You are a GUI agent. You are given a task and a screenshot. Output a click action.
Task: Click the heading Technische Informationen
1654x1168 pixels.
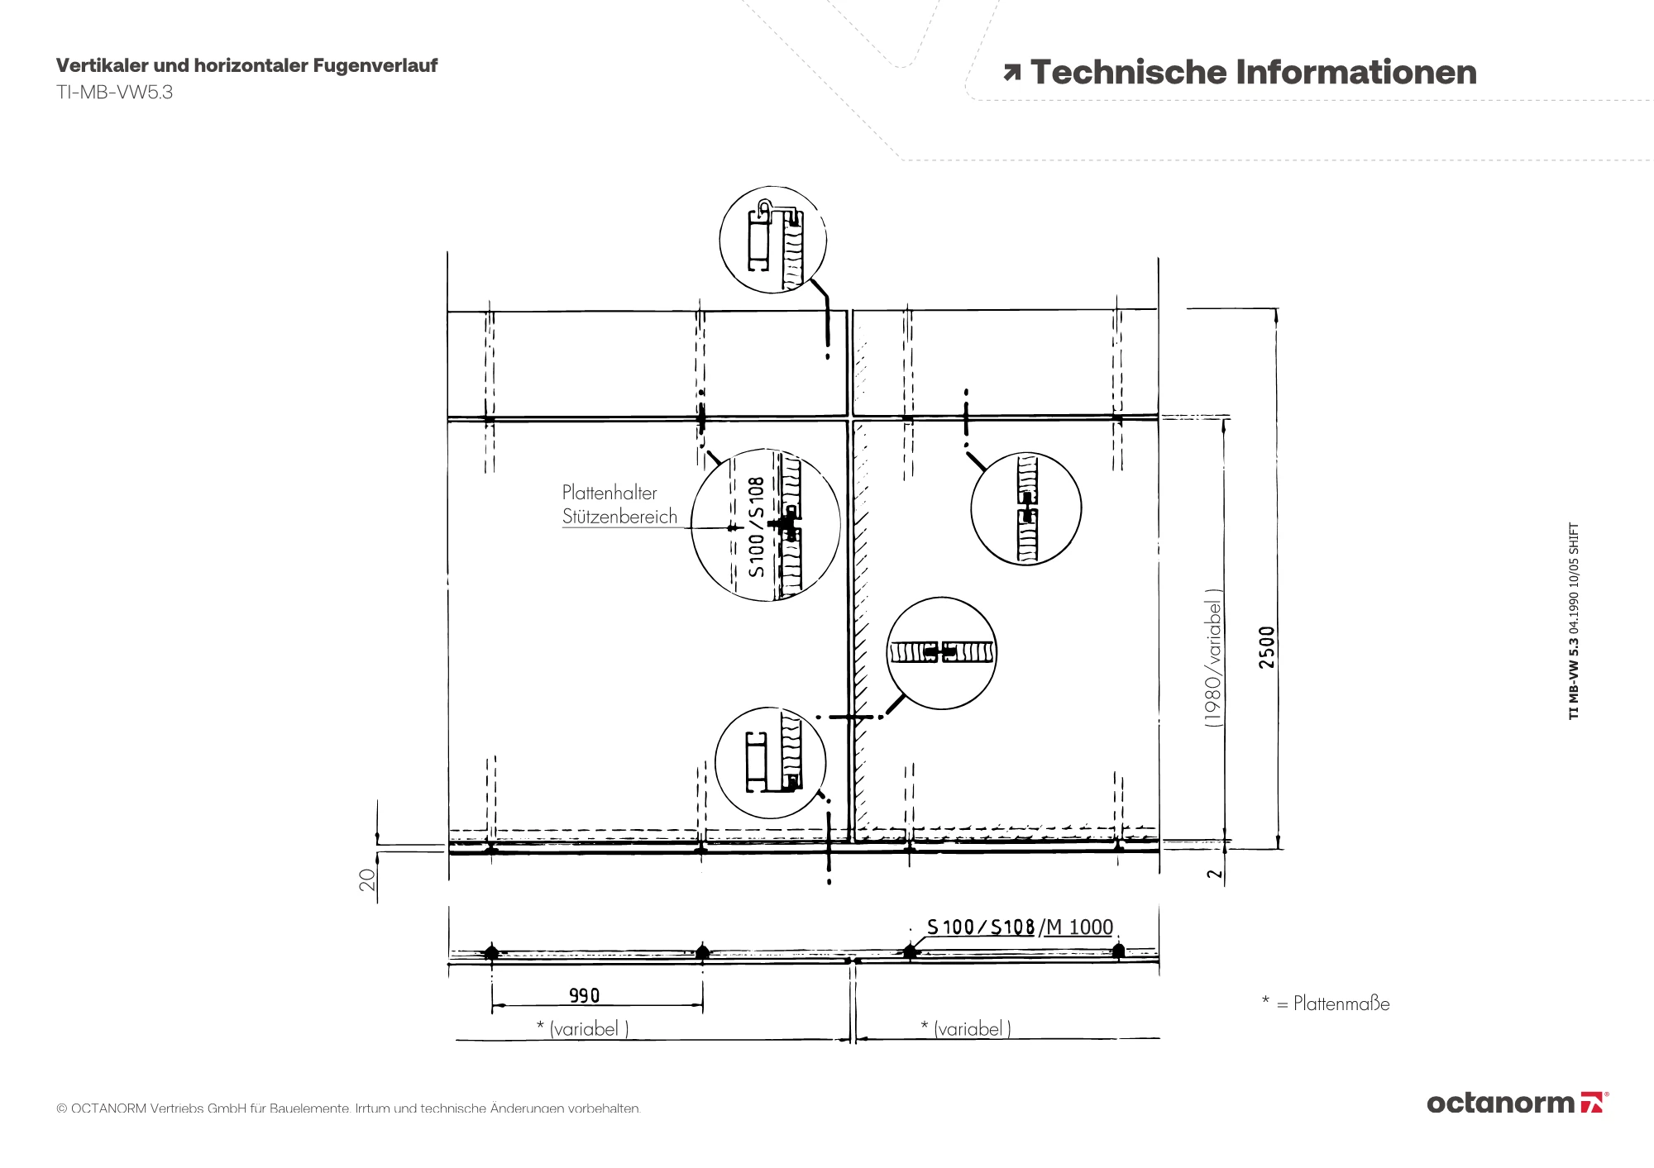[1253, 73]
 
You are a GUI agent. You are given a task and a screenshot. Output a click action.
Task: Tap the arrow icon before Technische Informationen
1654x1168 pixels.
[1011, 74]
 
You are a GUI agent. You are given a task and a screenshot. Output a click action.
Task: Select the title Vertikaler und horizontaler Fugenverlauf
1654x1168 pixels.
[246, 65]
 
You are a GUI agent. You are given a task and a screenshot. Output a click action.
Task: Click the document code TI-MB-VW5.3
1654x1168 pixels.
[114, 93]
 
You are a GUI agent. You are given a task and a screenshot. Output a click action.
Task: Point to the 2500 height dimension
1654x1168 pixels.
[1267, 647]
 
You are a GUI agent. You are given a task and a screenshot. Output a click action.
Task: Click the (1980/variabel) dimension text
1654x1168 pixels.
[1213, 658]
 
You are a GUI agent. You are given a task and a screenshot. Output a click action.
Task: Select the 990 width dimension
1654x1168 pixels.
[584, 995]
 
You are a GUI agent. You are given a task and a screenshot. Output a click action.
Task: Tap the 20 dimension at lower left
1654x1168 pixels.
[367, 879]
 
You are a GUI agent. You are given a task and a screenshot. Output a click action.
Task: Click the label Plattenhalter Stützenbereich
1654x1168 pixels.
[619, 504]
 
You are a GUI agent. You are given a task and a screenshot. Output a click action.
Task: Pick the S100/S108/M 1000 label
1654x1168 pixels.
[1020, 927]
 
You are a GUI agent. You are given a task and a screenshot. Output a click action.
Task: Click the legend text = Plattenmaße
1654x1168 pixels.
[1333, 1004]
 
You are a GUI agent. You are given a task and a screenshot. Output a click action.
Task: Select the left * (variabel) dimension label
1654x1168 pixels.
[583, 1028]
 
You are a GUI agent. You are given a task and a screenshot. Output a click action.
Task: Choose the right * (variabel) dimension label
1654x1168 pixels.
[966, 1028]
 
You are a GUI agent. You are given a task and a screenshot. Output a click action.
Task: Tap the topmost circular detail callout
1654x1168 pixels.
[773, 240]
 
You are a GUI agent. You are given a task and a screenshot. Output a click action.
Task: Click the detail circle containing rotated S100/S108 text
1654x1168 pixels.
[766, 525]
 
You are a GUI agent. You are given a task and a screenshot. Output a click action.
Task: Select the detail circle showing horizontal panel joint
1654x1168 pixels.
[942, 653]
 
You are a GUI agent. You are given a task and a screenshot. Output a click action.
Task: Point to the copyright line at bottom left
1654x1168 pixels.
[348, 1108]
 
